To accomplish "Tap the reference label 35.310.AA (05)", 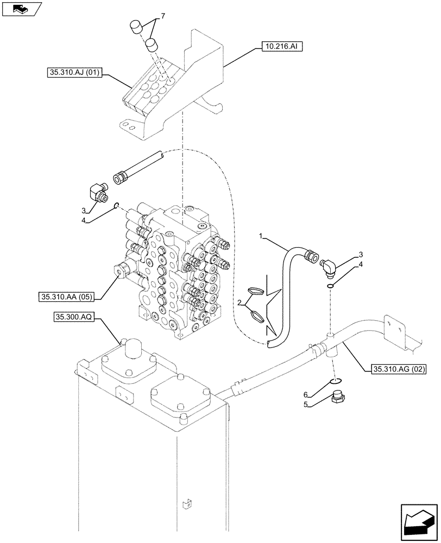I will (x=67, y=296).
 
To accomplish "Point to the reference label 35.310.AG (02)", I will (x=399, y=369).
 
